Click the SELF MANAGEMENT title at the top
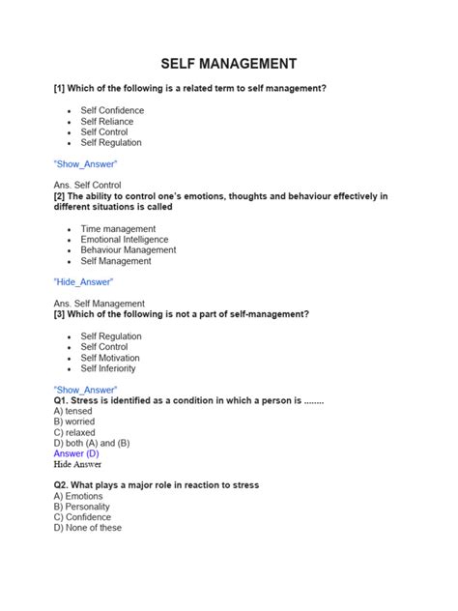pos(229,64)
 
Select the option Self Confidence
pos(112,110)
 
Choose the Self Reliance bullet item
pos(108,121)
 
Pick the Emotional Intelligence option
pos(124,240)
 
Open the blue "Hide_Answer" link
pos(84,282)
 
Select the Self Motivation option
pos(110,358)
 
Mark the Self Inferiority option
pos(108,368)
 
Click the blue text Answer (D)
pos(76,453)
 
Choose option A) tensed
pos(73,411)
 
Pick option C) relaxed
pos(74,432)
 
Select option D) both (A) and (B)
pos(92,443)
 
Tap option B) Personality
pos(82,507)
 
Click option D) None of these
pos(88,528)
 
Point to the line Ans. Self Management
pos(100,304)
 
